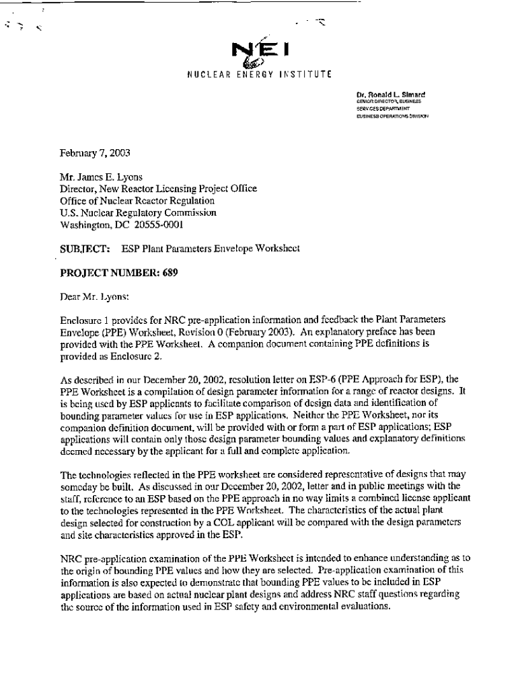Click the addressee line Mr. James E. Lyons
101,178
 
